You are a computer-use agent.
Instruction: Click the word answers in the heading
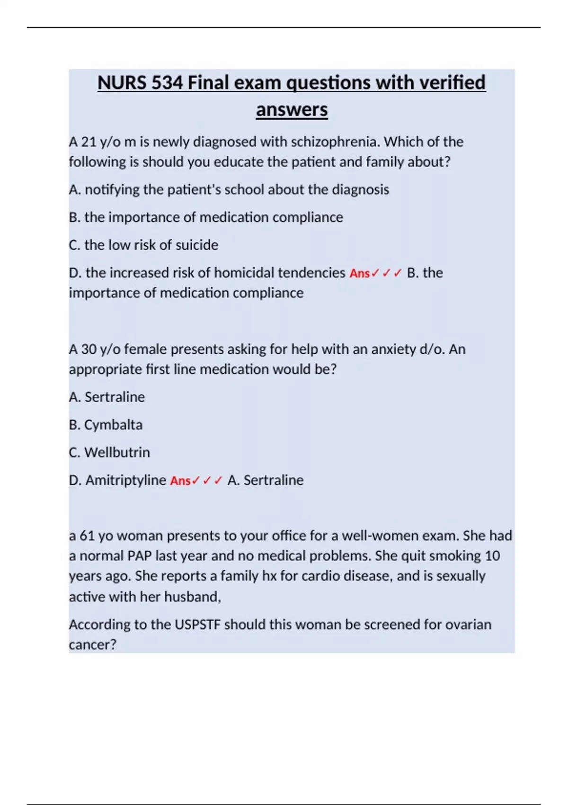click(x=292, y=110)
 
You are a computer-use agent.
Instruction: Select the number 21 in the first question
click(x=89, y=142)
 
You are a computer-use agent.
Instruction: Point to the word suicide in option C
click(x=197, y=245)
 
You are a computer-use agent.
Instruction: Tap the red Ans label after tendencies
click(x=359, y=274)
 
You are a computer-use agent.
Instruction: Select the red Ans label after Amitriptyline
click(x=180, y=481)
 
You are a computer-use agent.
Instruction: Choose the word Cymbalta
click(x=113, y=425)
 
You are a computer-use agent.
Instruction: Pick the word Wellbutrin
click(x=117, y=452)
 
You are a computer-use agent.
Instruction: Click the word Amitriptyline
click(x=125, y=480)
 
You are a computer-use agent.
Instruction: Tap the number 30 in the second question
click(x=89, y=349)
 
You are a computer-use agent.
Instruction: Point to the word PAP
click(x=138, y=555)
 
